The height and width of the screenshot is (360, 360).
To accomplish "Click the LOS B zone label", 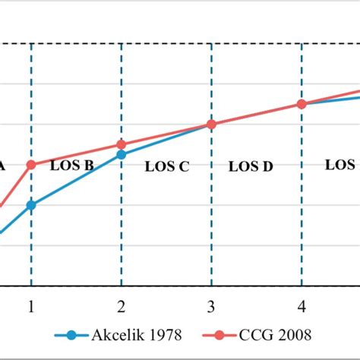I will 72,164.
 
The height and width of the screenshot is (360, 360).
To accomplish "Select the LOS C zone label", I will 166,167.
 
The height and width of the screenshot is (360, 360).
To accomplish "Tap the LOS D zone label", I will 251,167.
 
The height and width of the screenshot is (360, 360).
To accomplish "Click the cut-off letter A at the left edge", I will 2,164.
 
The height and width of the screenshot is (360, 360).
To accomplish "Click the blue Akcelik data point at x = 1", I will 31,205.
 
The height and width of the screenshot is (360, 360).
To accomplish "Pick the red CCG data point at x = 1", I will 31,164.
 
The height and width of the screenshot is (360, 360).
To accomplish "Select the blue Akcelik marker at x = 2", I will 121,154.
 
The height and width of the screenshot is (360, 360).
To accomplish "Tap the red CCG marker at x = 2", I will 121,144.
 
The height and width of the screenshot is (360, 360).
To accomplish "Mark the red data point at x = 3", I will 211,124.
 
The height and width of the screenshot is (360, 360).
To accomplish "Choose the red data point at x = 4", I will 302,104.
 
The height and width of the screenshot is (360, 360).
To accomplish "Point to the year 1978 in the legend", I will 164,334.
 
